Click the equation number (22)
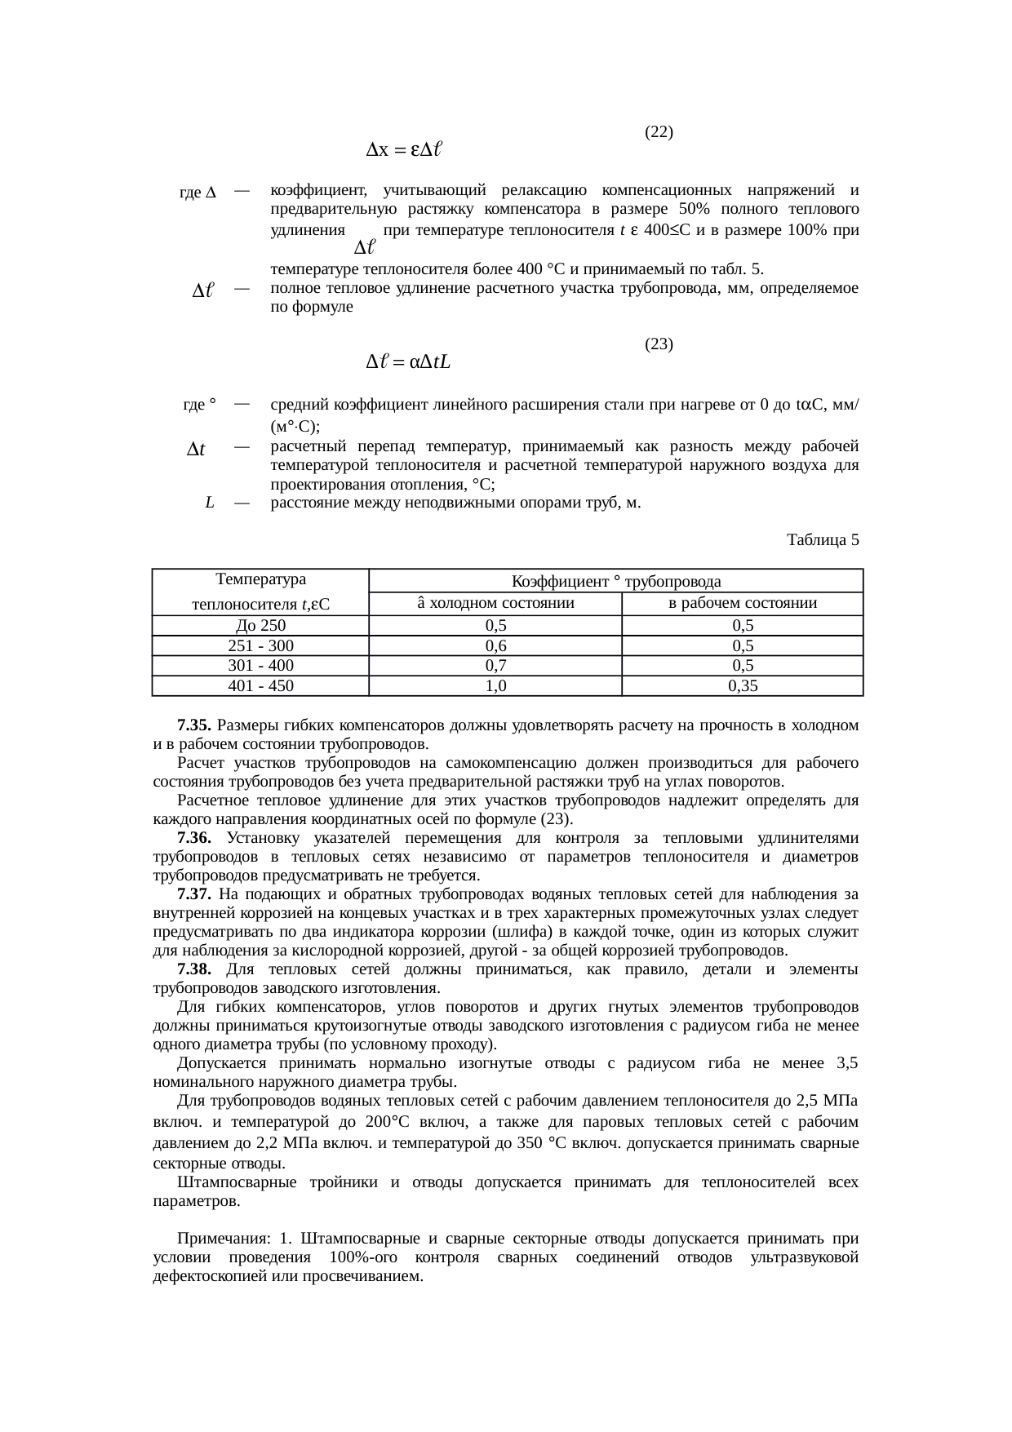pos(659,131)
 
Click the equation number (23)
pos(659,344)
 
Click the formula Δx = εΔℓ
pos(405,150)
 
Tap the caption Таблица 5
pos(823,540)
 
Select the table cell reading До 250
pos(260,627)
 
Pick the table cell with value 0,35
pos(743,686)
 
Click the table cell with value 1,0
pos(495,686)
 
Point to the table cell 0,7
pos(495,666)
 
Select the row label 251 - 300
pos(260,646)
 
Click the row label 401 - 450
pos(260,686)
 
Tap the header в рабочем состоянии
pos(743,604)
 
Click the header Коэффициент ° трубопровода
pos(615,582)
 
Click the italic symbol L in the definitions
pos(210,503)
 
